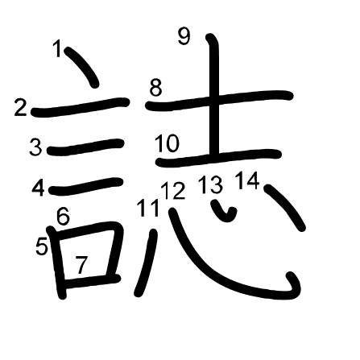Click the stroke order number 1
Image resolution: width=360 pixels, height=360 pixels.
[58, 48]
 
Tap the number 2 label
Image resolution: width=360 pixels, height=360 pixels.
[21, 108]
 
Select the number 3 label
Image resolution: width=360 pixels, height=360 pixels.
[35, 147]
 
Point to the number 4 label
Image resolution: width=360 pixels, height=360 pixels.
[38, 188]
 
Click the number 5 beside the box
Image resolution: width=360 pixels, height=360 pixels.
[42, 246]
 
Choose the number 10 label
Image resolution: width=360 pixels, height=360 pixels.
[167, 143]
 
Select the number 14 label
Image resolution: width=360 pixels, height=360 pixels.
[247, 180]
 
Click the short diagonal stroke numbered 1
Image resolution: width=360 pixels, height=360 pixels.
[82, 67]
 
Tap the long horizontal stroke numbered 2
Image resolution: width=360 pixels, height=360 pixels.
[81, 107]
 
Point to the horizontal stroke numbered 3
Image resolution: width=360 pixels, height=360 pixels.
[85, 147]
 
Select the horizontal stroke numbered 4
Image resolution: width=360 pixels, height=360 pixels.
[85, 186]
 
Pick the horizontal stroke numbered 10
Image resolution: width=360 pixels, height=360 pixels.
[218, 159]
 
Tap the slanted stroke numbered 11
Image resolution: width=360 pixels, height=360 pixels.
[147, 263]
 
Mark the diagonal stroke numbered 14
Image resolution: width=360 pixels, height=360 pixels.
[285, 207]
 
